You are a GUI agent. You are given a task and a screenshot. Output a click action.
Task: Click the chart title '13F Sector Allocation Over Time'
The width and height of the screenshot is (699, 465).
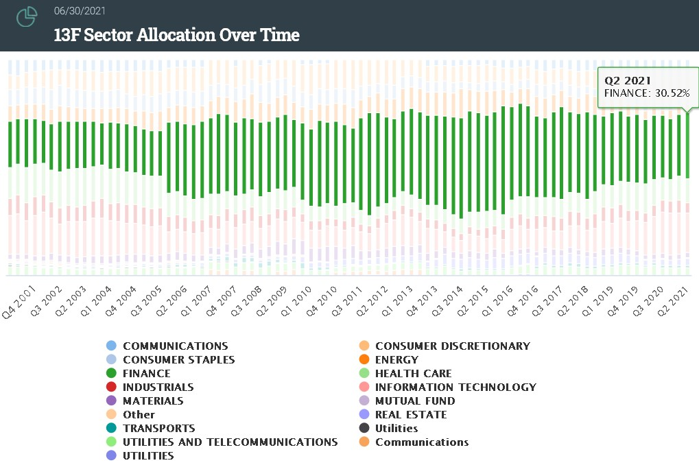click(176, 35)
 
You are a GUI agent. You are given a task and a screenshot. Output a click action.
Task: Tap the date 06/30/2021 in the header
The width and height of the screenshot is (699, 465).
click(80, 12)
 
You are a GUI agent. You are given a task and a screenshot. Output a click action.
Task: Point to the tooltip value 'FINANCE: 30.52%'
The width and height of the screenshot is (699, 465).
click(647, 93)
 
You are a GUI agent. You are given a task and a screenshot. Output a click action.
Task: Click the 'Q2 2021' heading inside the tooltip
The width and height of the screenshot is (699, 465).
click(623, 80)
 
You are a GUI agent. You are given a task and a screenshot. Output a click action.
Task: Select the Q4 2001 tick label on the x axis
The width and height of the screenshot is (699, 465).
click(19, 303)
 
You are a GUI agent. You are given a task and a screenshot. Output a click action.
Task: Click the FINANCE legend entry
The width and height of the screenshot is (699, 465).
click(146, 373)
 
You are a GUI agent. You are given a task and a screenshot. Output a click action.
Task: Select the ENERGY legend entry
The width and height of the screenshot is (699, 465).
click(396, 359)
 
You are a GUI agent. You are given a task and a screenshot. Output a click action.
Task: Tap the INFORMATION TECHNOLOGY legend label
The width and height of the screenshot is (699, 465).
click(455, 387)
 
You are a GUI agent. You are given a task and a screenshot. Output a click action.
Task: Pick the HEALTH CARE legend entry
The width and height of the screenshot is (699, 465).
click(413, 373)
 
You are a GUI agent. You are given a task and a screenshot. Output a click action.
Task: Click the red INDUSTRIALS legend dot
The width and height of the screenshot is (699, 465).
click(111, 387)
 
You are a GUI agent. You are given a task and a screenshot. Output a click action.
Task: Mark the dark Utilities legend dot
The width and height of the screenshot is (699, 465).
click(364, 428)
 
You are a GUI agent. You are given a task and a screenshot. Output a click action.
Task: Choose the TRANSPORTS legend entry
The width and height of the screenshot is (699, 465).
click(158, 428)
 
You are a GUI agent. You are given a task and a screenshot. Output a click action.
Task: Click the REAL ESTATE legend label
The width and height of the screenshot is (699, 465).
click(410, 414)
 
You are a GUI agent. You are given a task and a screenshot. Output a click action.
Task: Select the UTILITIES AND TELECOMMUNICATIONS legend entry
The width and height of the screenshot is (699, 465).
click(230, 442)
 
